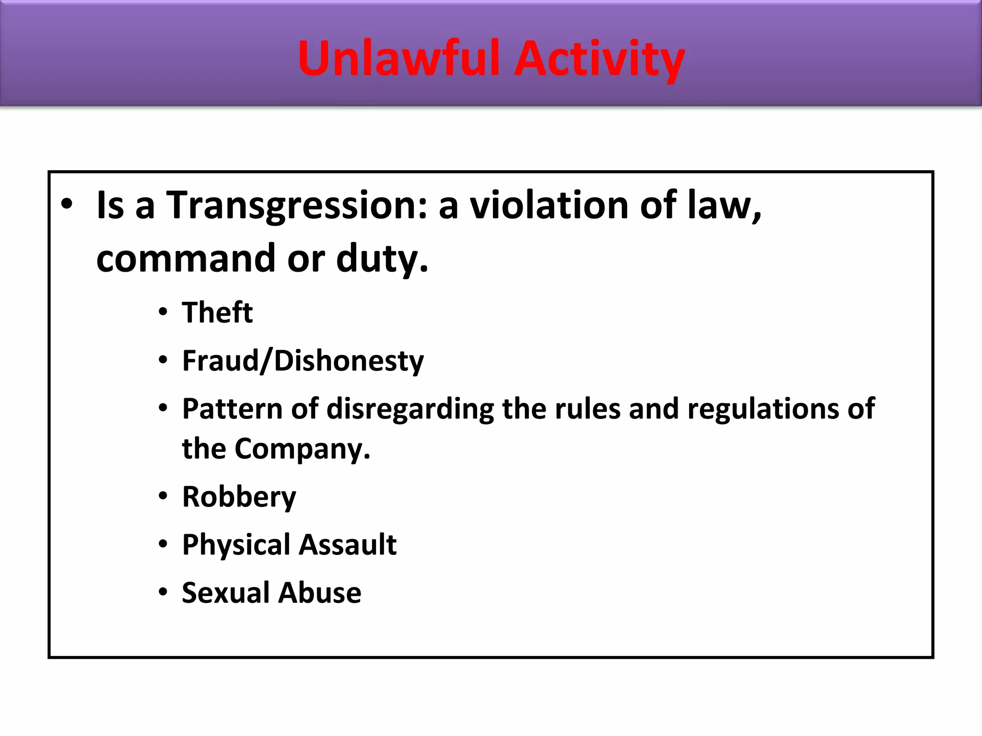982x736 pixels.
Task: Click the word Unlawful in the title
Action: [x=398, y=58]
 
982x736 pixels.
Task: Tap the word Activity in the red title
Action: [x=599, y=59]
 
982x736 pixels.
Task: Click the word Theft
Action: [x=217, y=313]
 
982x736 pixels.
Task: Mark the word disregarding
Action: [x=410, y=409]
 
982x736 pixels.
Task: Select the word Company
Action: [x=302, y=449]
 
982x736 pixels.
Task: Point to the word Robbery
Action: [x=239, y=497]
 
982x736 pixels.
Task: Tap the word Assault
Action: [x=349, y=545]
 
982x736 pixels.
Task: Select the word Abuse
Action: [x=320, y=593]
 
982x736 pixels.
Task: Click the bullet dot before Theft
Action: [x=163, y=312]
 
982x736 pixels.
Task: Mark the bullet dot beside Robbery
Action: [x=163, y=496]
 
